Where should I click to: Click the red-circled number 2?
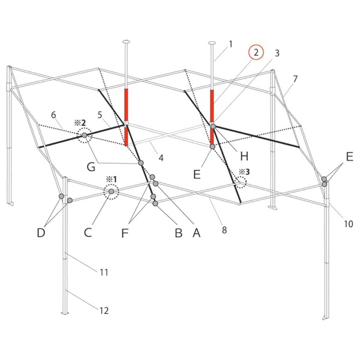pyautogui.click(x=256, y=52)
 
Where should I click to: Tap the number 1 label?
pyautogui.click(x=230, y=44)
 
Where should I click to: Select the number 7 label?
pyautogui.click(x=295, y=79)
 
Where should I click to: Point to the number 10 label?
pyautogui.click(x=348, y=224)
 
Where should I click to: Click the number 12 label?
pyautogui.click(x=104, y=311)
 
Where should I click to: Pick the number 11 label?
pyautogui.click(x=104, y=272)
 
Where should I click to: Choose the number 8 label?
pyautogui.click(x=224, y=230)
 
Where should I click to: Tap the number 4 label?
pyautogui.click(x=161, y=158)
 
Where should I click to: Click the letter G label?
pyautogui.click(x=91, y=167)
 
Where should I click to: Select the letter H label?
pyautogui.click(x=244, y=156)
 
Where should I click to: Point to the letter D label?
pyautogui.click(x=41, y=233)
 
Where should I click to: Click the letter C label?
pyautogui.click(x=88, y=233)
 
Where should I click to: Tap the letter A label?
pyautogui.click(x=196, y=233)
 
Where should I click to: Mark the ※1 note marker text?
pyautogui.click(x=111, y=179)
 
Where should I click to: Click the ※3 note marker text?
pyautogui.click(x=245, y=172)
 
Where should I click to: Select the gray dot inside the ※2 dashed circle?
pyautogui.click(x=85, y=135)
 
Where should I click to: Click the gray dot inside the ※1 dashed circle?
pyautogui.click(x=111, y=191)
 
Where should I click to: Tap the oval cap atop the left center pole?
pyautogui.click(x=126, y=42)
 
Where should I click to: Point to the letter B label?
pyautogui.click(x=178, y=233)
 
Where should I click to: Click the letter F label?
pyautogui.click(x=125, y=233)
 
